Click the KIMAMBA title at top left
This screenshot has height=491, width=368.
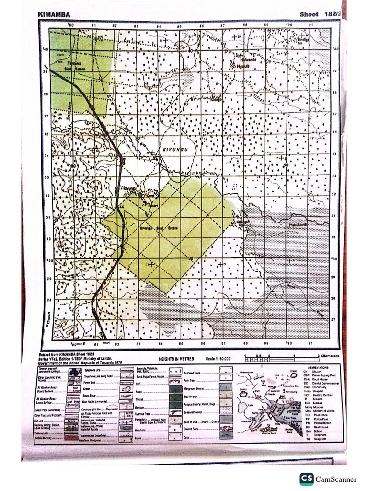[x=54, y=15]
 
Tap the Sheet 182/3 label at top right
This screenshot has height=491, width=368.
[x=320, y=14]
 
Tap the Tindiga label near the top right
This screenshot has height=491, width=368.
[x=303, y=40]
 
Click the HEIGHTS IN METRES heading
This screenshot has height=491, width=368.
[x=178, y=359]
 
